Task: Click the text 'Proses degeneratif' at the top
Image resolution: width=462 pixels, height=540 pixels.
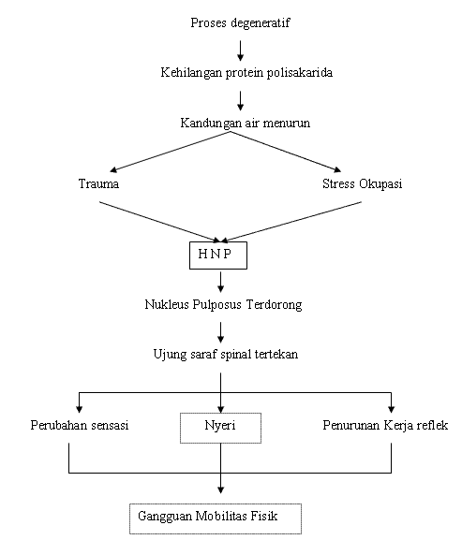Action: [x=241, y=22]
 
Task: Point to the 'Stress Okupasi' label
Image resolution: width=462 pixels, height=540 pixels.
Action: [x=362, y=183]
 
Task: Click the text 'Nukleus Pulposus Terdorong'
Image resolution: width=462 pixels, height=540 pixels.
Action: [x=221, y=305]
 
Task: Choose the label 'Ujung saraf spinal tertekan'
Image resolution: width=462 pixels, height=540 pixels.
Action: [x=221, y=355]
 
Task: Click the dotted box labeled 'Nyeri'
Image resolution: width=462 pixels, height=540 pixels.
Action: [x=220, y=429]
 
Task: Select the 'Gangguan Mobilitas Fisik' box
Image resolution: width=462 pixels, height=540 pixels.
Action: [x=216, y=518]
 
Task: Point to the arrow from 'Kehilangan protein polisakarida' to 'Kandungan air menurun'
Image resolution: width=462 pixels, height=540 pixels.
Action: [x=241, y=97]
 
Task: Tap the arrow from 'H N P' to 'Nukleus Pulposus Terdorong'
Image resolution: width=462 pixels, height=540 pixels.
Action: [x=220, y=281]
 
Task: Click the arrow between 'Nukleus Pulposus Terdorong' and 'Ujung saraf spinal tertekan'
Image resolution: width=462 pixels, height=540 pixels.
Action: [x=220, y=330]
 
